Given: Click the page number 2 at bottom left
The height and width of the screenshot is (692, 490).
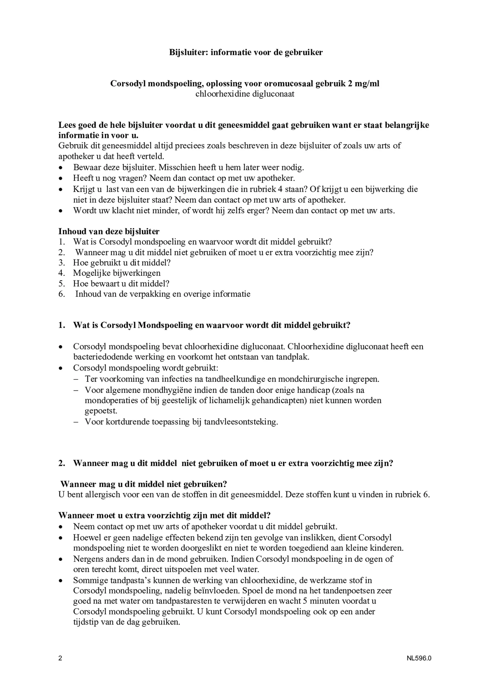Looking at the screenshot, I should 60,658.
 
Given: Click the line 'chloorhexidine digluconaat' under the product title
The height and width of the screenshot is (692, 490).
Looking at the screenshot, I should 245,94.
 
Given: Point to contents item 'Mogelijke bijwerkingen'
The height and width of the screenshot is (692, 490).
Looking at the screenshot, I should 117,273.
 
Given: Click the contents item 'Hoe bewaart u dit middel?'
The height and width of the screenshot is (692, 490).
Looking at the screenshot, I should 121,283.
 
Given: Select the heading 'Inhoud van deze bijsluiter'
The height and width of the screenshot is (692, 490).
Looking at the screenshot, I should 109,231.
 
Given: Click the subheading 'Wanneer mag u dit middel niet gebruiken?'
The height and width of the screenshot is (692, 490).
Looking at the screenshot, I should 144,484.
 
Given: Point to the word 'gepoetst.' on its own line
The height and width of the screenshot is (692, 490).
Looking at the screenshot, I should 101,411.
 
